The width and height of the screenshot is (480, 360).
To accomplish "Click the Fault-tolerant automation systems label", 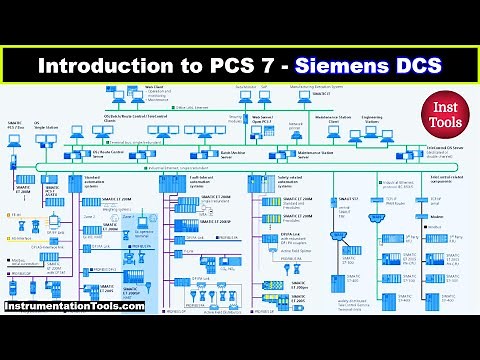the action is click(x=191, y=181).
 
